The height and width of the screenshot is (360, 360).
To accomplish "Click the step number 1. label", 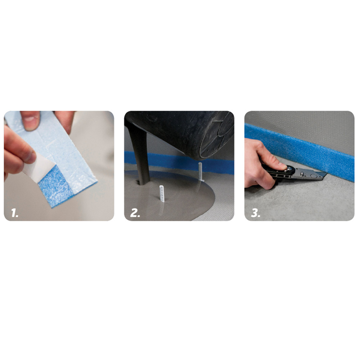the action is pyautogui.click(x=15, y=213).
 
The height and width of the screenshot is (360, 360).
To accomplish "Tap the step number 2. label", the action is pyautogui.click(x=135, y=213).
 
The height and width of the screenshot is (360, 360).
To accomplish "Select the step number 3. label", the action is pyautogui.click(x=255, y=213).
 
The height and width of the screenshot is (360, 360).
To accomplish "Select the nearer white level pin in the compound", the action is pyautogui.click(x=162, y=194).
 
